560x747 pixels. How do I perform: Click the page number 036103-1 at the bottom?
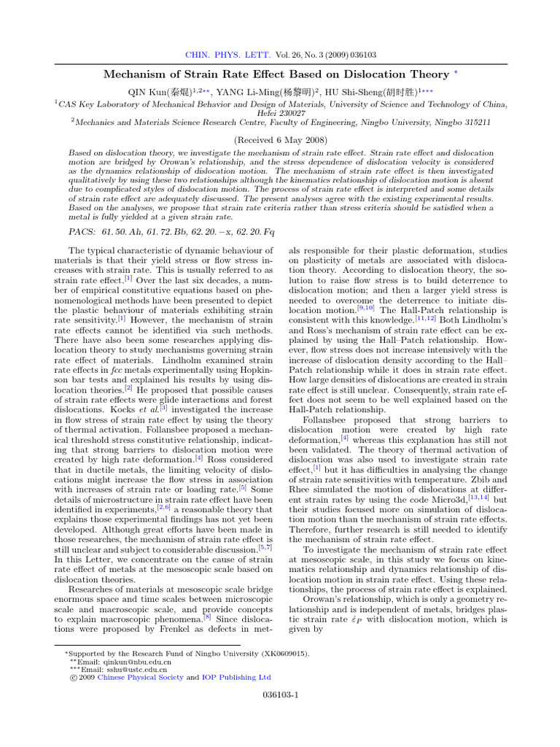click(x=279, y=695)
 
